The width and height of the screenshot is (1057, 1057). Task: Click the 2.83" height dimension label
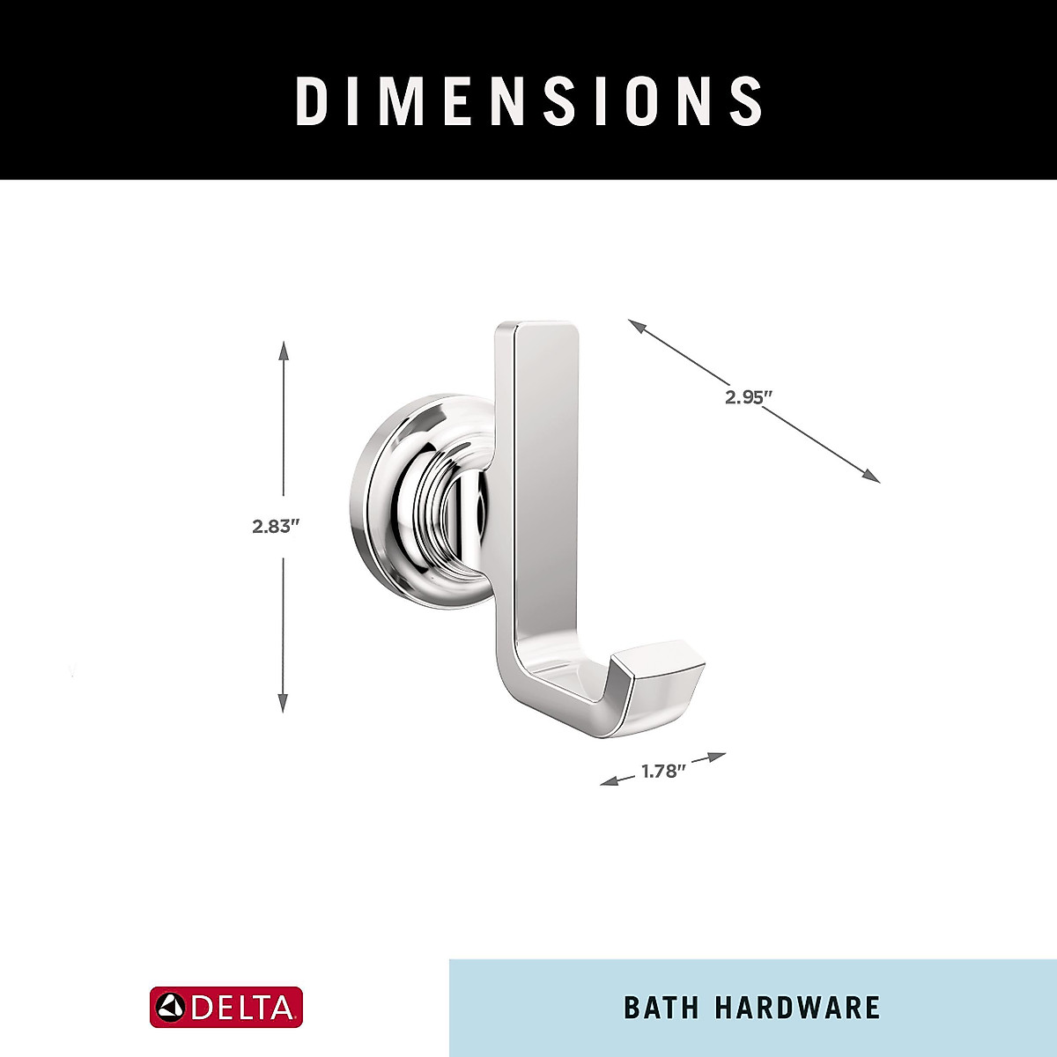pyautogui.click(x=277, y=527)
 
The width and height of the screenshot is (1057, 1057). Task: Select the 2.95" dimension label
pyautogui.click(x=748, y=396)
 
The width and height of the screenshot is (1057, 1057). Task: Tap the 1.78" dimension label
pyautogui.click(x=662, y=772)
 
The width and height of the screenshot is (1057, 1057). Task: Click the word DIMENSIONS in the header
pyautogui.click(x=528, y=101)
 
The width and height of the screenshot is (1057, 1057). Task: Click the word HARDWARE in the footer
pyautogui.click(x=797, y=1008)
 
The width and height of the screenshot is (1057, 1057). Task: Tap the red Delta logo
pyautogui.click(x=226, y=1008)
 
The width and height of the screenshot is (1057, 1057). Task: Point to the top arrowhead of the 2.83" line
pyautogui.click(x=283, y=350)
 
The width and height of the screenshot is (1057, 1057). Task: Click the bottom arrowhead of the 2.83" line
pyautogui.click(x=283, y=703)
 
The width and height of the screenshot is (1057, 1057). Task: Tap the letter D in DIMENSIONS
pyautogui.click(x=310, y=101)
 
